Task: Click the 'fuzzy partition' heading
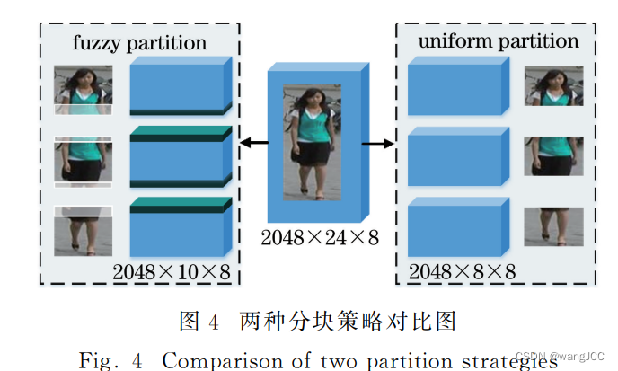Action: coord(139,42)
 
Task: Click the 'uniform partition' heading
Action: coord(498,41)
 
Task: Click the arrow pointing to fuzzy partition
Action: coord(253,142)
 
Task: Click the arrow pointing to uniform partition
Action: coord(380,142)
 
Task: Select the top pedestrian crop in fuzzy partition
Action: coord(83,89)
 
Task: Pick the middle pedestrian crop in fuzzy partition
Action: coord(83,160)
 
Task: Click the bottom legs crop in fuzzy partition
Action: coord(83,231)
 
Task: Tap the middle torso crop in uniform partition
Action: coord(553,156)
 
